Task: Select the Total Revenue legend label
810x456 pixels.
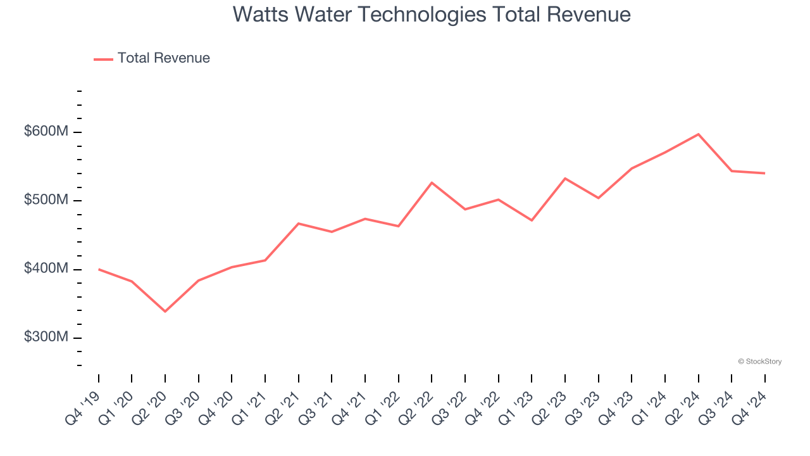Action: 163,58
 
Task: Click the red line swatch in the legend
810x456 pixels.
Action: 103,59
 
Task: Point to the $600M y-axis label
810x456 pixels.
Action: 46,132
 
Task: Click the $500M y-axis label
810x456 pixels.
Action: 46,200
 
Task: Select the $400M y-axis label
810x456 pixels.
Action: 46,269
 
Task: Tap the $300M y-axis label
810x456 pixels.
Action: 46,338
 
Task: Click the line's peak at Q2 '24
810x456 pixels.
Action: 698,134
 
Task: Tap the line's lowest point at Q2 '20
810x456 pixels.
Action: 165,312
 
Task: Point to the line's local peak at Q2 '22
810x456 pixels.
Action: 432,182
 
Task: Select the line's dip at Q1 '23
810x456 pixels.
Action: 532,220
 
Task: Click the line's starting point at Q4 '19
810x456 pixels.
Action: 99,269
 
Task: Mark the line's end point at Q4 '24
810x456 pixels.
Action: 764,173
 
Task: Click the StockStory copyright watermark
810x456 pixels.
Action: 759,362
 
